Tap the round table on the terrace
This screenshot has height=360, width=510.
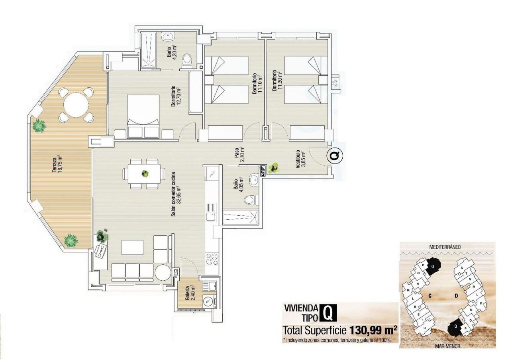point(76,105)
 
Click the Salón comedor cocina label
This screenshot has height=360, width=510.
point(176,194)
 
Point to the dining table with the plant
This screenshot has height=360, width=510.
point(144,173)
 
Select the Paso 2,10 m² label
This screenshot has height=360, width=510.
point(239,155)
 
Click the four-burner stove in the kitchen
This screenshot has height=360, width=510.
point(212,259)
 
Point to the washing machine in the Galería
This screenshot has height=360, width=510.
point(208,301)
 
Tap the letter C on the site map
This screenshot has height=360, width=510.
point(430,296)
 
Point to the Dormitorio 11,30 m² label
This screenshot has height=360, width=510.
point(277,81)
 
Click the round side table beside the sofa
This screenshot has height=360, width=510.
point(163,273)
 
